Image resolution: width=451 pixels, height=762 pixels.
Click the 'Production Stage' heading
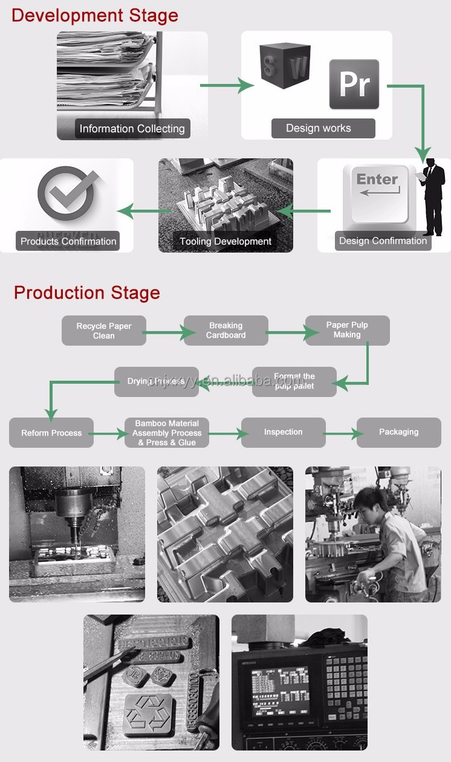pos(87,292)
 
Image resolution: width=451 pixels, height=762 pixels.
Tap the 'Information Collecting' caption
pos(132,129)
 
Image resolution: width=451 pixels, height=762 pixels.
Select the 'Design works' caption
pos(319,128)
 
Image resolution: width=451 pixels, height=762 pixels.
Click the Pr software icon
pos(354,84)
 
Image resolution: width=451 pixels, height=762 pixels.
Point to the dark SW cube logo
pos(285,65)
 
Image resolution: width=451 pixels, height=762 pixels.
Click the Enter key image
pos(378,193)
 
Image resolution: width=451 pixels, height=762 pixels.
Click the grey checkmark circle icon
pos(67,195)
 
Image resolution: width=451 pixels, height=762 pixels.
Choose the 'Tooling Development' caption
pos(225,242)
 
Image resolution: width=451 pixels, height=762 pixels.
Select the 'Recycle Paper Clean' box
pos(104,331)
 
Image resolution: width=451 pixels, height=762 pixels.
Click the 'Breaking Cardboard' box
pos(226,331)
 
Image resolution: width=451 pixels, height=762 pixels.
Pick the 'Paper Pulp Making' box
pos(347,330)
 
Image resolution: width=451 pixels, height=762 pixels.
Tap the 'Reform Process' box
pos(51,433)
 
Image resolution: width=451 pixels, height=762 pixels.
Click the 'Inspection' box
pos(283,432)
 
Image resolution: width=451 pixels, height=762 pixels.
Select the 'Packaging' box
pos(398,432)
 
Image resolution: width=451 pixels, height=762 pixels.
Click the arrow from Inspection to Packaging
pos(341,433)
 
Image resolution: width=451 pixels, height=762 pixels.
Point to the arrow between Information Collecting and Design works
pos(227,85)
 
